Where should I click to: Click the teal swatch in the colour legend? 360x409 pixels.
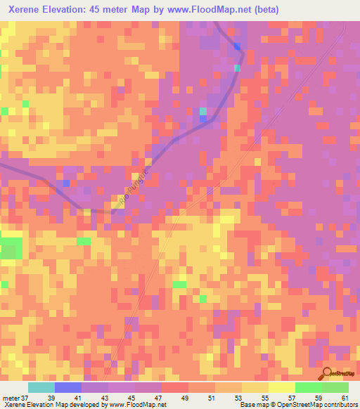point(41,387)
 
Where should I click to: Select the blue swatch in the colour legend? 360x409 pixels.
point(67,387)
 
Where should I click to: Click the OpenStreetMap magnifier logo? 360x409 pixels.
point(328,374)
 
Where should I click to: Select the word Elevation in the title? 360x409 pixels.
point(67,10)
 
